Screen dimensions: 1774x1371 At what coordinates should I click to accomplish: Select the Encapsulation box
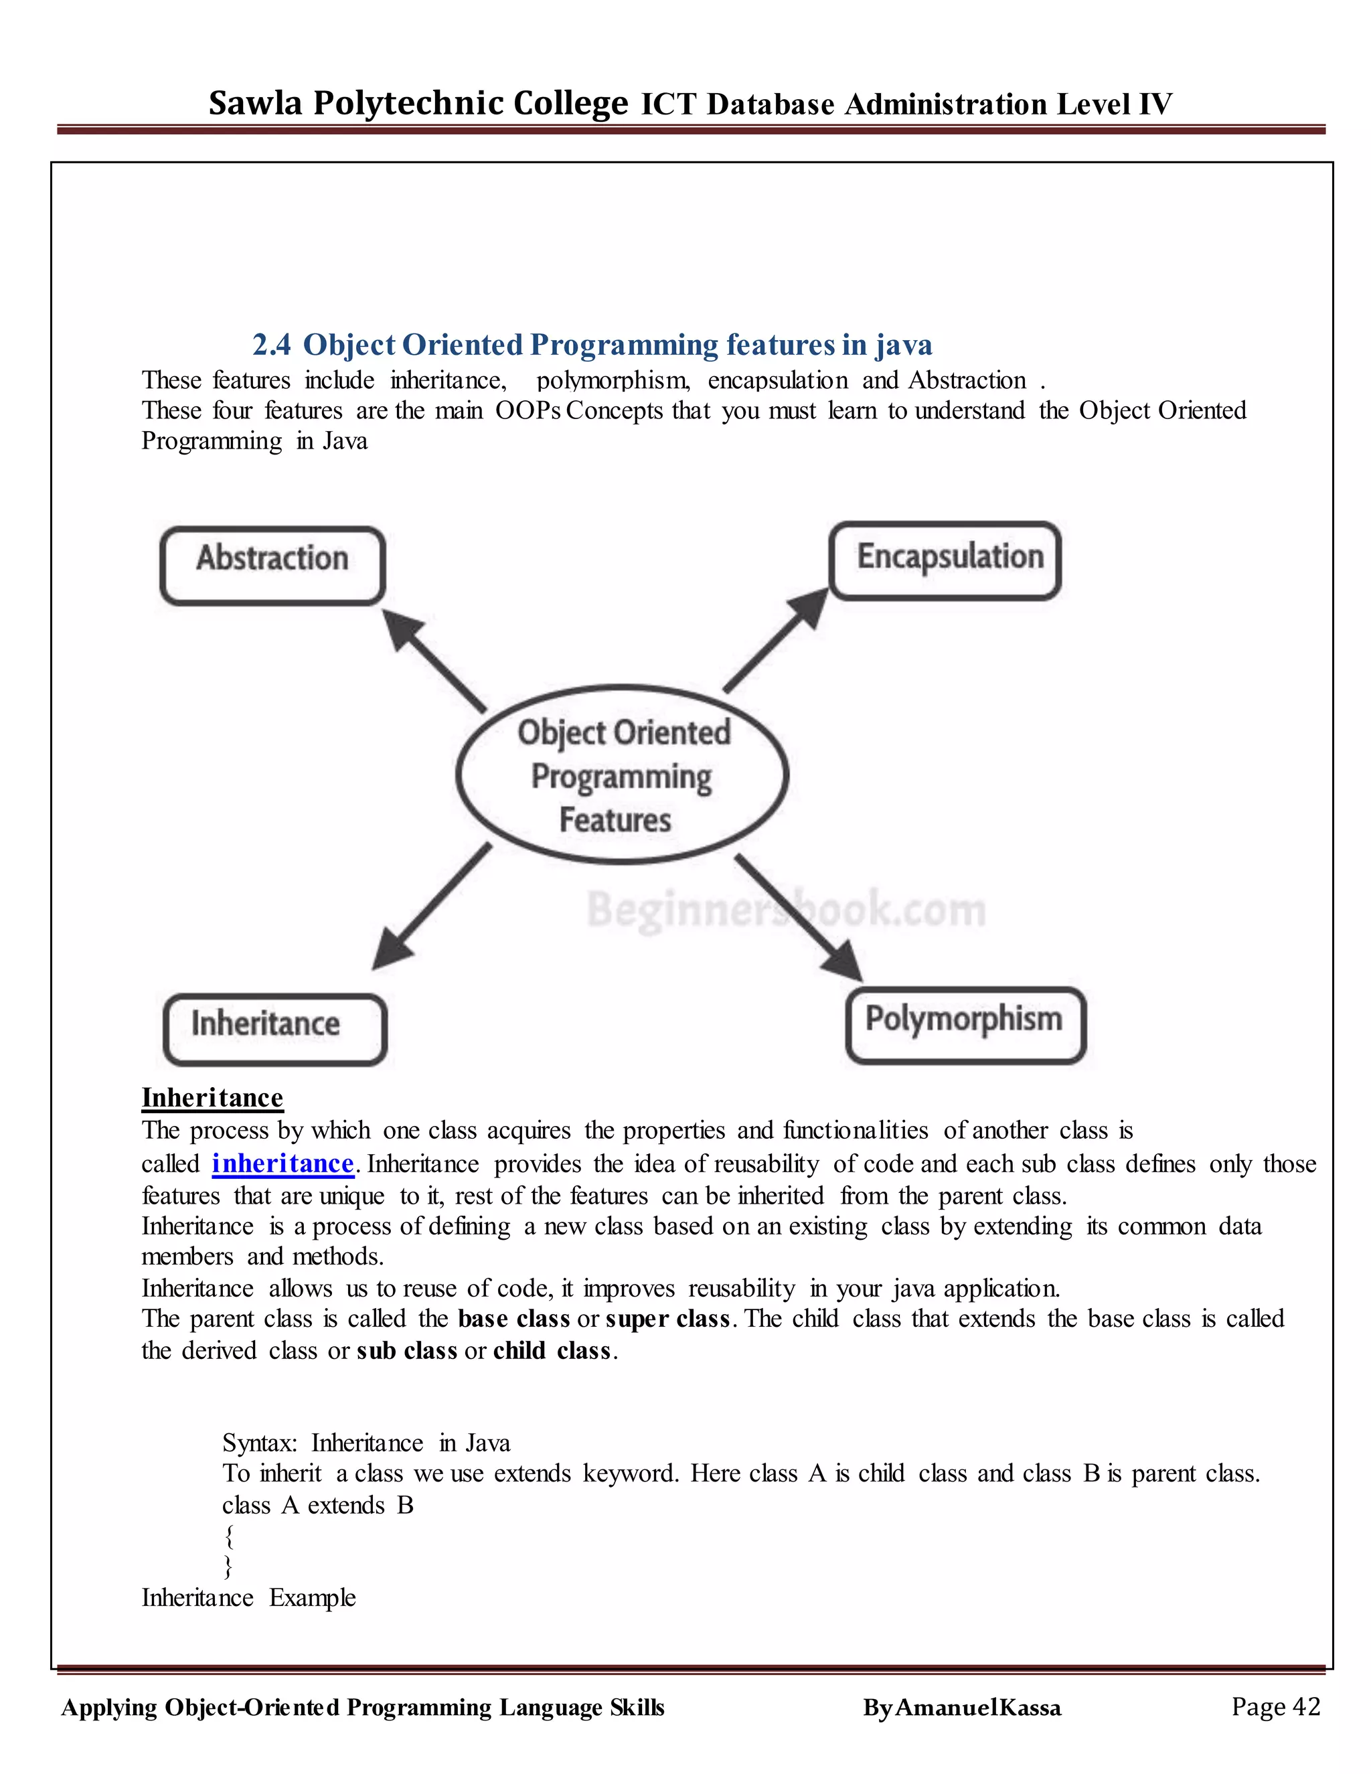point(945,560)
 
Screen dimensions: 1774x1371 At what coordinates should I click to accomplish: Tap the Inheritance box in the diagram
point(274,1028)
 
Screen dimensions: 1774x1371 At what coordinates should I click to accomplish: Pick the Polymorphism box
point(965,1024)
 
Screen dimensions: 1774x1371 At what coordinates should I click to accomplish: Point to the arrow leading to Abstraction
point(435,661)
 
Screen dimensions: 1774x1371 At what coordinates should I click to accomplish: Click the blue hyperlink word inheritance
point(283,1163)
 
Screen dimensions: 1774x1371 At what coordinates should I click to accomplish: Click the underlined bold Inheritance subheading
point(212,1097)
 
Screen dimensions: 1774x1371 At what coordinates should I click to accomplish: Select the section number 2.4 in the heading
point(271,345)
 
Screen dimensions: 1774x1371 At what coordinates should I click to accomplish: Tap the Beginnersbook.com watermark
point(786,909)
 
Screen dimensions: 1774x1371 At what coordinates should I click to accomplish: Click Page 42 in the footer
point(1275,1706)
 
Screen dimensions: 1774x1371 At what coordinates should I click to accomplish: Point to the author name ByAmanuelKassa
point(962,1708)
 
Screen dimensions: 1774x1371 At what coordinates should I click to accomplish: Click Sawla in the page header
point(255,104)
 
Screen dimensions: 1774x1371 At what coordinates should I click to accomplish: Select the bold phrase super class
point(667,1318)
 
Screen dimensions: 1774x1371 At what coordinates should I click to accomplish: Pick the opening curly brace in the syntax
point(230,1536)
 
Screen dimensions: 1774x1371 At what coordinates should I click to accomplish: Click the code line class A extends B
point(317,1505)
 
